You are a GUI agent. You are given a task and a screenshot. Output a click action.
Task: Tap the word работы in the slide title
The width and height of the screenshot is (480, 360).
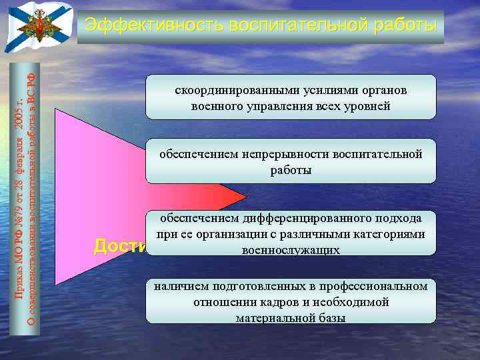[407, 25]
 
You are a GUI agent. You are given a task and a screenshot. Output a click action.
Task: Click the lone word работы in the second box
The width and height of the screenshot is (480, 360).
[291, 170]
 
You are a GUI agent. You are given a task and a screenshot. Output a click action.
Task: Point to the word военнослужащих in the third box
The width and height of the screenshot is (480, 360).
[291, 250]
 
